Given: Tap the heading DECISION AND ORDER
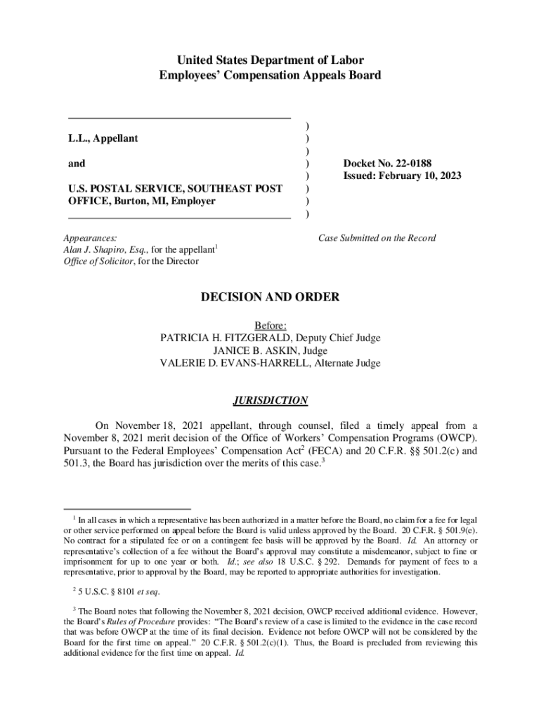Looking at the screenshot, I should tap(270, 298).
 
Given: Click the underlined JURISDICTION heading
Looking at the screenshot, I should tap(270, 401).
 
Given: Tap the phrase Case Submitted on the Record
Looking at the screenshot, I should tap(377, 238).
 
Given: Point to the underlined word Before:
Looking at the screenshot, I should tap(270, 325).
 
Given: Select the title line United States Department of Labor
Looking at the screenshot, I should tap(270, 60).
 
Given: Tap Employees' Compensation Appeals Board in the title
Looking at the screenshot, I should tap(270, 75).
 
